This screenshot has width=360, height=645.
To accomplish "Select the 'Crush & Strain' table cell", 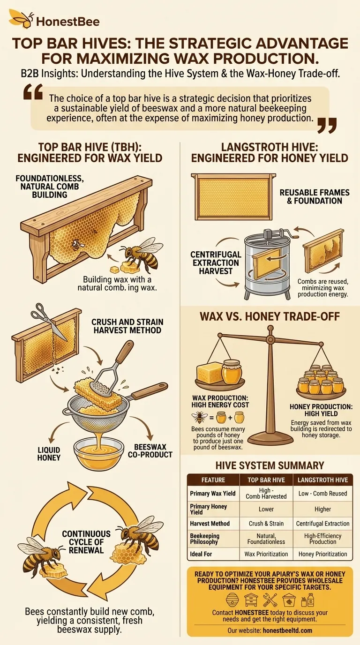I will coord(266,524).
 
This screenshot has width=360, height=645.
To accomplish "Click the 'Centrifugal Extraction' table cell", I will coord(323,524).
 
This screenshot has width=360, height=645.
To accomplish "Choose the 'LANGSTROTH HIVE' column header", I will coord(323,480).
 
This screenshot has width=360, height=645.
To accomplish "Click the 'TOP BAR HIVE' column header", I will coord(266,480).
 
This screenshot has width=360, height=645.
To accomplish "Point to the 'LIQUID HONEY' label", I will coord(49,453).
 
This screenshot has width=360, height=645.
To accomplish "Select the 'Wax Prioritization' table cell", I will coord(266,554).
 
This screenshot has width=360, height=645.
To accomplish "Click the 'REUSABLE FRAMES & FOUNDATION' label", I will coord(311,197).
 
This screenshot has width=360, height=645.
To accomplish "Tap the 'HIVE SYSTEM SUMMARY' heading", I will coord(270,465).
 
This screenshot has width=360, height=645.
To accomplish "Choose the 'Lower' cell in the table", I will coord(266,509).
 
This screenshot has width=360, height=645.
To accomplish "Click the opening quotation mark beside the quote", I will coord(33,94).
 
